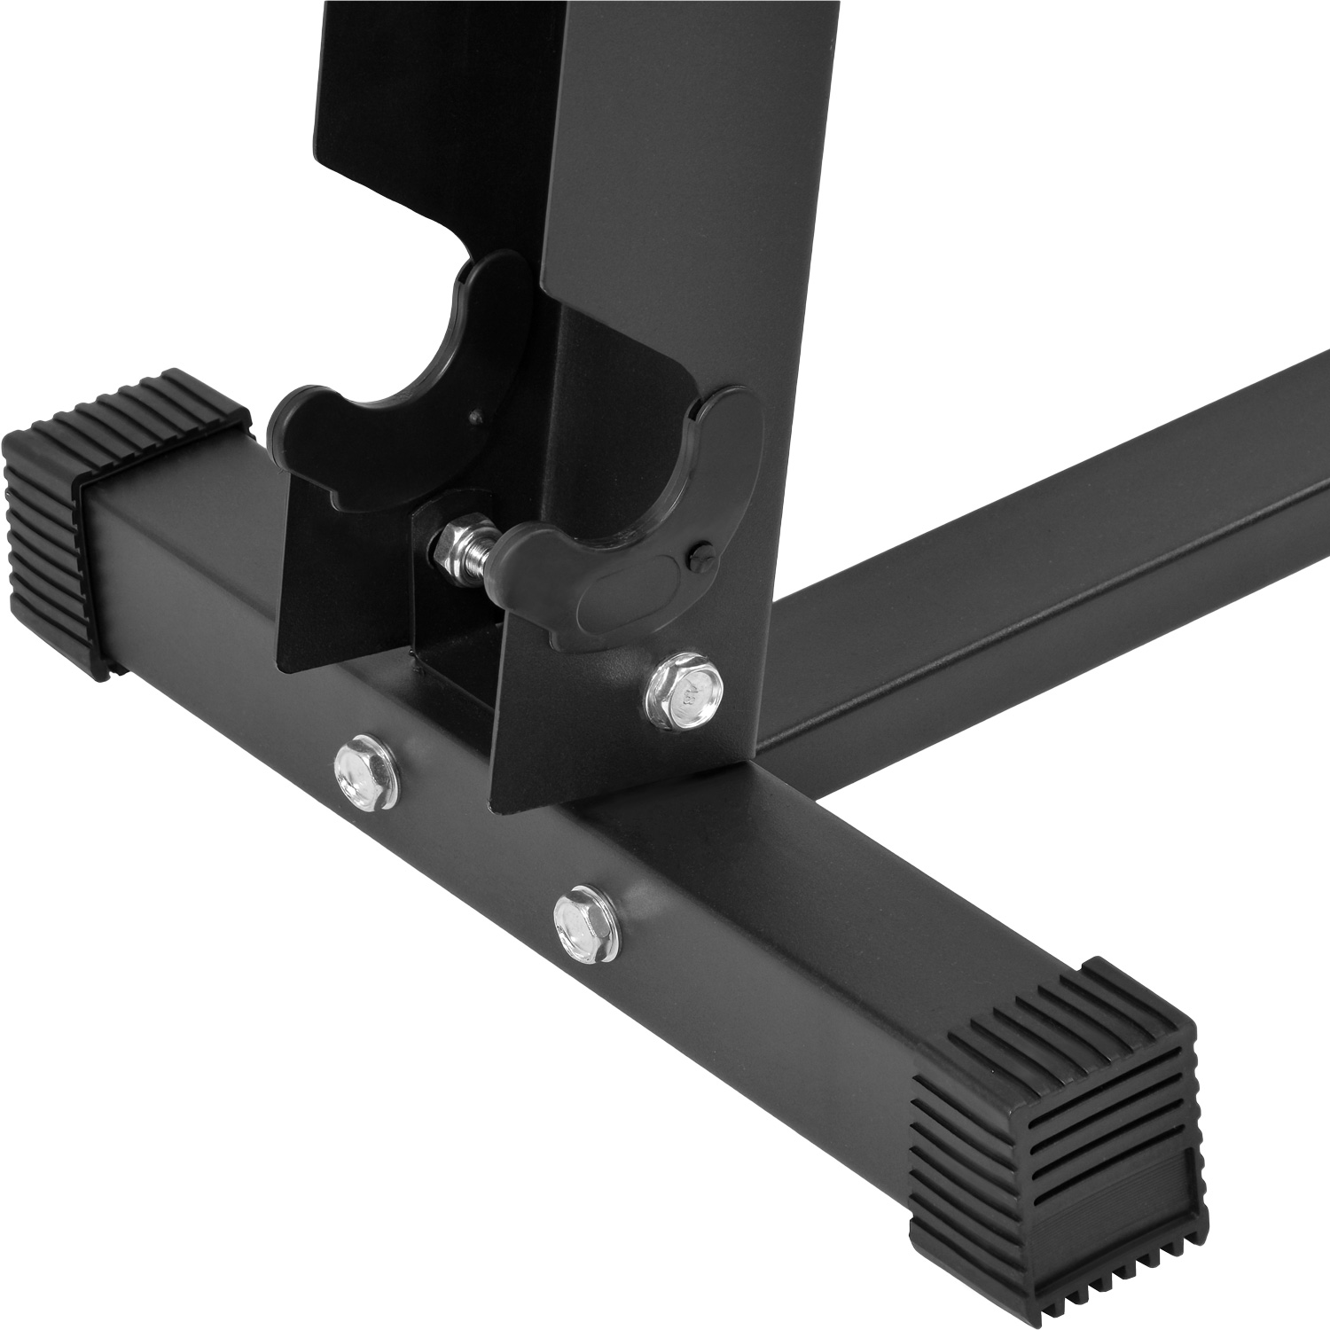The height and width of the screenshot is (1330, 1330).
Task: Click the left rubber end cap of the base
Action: [x=53, y=532]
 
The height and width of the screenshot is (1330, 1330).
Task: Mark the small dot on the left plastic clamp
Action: [x=476, y=413]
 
